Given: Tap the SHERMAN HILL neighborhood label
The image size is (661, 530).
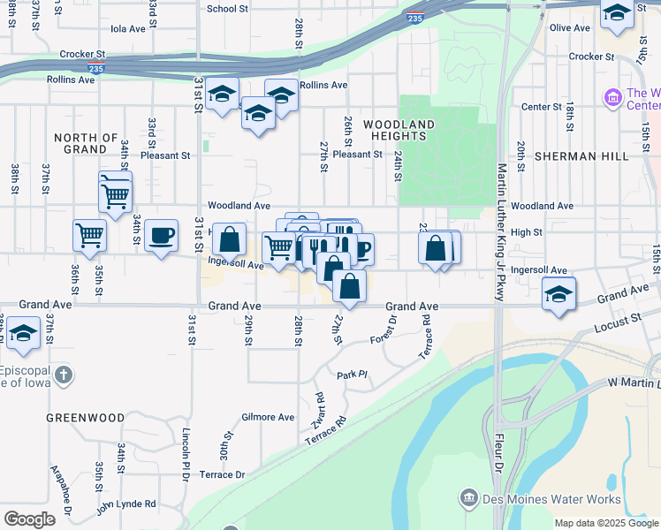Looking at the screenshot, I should [x=581, y=155].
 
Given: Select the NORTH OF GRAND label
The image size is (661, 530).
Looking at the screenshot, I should [x=86, y=143].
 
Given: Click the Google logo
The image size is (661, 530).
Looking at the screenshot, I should [x=29, y=519].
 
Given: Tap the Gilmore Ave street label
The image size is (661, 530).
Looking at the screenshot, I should [x=268, y=417].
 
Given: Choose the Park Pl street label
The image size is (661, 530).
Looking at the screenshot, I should [x=351, y=375].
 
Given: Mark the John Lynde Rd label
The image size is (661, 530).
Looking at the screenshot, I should [x=126, y=504].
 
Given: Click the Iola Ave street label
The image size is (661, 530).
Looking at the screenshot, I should [x=127, y=28].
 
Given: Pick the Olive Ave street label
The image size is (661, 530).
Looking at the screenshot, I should [x=569, y=27].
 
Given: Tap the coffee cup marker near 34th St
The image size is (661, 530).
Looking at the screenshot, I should [x=161, y=235].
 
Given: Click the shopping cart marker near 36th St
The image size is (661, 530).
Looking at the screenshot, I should [x=89, y=235].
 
